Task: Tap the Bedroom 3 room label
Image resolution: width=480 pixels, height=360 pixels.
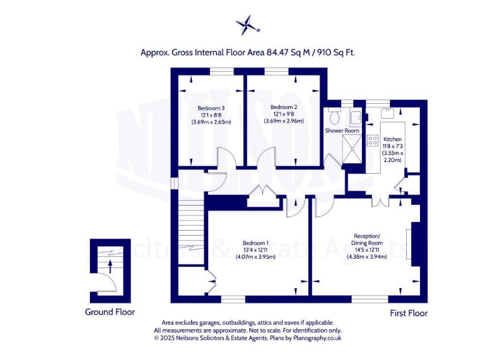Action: click(x=211, y=107)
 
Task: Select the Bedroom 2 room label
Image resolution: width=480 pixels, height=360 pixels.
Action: click(x=284, y=107)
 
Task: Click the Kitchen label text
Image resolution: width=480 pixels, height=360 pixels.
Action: click(x=392, y=139)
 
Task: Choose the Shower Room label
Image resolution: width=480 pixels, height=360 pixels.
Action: click(x=342, y=131)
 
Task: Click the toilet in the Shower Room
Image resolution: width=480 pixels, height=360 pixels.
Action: click(x=334, y=116)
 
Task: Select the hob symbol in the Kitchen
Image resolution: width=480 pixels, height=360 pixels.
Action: click(x=373, y=141)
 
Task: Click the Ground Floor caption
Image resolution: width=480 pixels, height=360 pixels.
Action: click(x=110, y=312)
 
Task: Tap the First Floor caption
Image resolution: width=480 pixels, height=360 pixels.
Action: click(x=408, y=312)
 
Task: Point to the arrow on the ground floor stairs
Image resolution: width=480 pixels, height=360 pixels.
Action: click(x=111, y=266)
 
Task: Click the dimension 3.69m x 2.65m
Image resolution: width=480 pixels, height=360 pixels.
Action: click(x=211, y=122)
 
